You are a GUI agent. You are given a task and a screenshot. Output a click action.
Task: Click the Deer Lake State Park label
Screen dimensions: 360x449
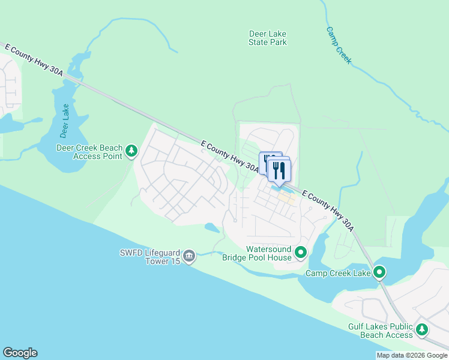268,38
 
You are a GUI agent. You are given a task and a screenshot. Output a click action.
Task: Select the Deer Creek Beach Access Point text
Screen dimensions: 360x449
89,152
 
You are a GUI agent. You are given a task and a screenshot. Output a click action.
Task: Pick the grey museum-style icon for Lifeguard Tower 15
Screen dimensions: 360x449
189,257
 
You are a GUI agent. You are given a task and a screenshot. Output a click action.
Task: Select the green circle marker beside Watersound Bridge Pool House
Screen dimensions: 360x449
301,253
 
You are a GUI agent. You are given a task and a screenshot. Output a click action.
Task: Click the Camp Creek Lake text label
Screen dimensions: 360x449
338,274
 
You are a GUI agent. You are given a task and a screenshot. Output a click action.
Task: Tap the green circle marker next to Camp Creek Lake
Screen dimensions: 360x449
379,273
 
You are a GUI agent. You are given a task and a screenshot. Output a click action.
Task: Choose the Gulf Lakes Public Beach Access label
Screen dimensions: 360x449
381,331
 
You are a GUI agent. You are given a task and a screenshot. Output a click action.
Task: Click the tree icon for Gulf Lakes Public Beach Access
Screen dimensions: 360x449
423,330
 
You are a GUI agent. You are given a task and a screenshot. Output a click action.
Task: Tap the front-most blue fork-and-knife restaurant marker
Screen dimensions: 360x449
279,170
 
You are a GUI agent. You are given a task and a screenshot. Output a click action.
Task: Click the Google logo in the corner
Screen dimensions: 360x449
20,353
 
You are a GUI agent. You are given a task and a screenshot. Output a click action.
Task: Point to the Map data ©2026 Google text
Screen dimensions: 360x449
412,355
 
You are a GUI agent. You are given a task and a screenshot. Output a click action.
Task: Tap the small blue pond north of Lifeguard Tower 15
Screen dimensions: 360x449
211,227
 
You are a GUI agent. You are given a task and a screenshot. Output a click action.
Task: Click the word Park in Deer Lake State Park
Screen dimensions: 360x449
278,42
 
